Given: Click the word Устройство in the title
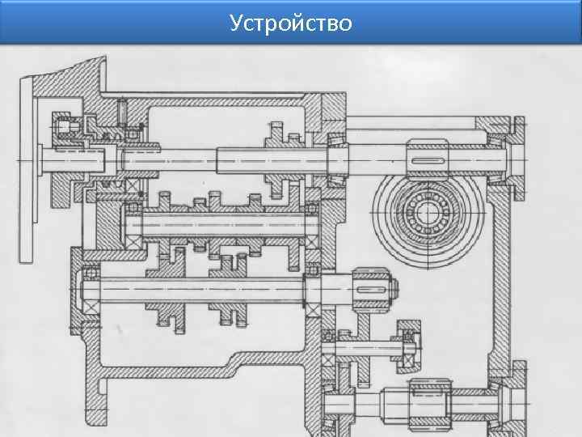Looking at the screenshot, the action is pos(290,23).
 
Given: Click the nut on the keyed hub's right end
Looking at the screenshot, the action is pos(392,288).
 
